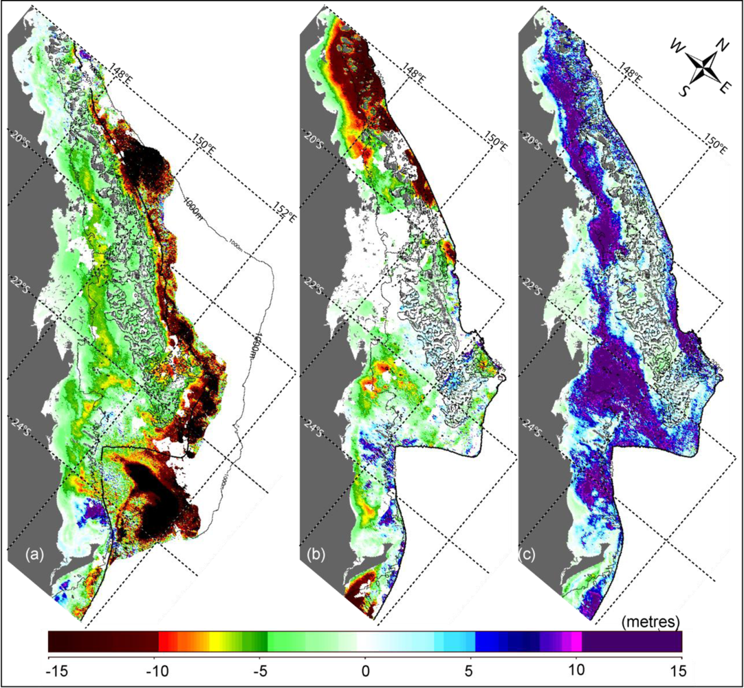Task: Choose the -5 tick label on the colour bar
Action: [x=260, y=667]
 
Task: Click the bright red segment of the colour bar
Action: [x=168, y=641]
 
